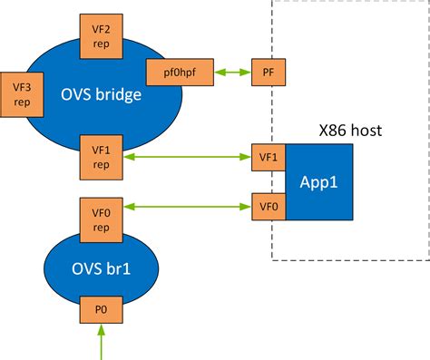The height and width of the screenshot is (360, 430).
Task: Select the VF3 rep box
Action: (x=19, y=95)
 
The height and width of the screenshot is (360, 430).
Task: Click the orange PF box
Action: (x=268, y=71)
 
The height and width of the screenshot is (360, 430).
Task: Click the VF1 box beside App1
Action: (x=269, y=157)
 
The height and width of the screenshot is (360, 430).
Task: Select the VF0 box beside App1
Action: (x=269, y=207)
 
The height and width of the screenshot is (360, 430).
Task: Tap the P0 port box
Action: (x=100, y=309)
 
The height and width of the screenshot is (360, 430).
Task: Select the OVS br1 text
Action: (x=100, y=268)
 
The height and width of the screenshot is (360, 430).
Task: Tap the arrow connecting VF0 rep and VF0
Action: (x=185, y=208)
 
